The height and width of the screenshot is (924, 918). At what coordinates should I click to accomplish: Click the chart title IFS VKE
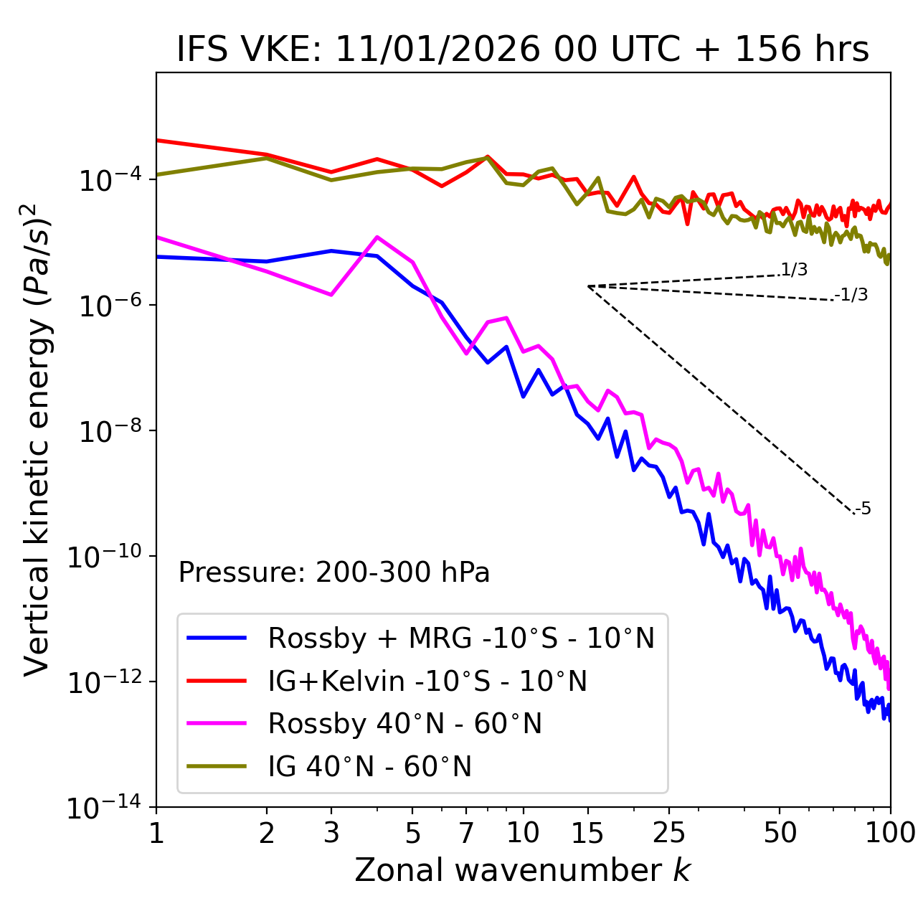point(522,49)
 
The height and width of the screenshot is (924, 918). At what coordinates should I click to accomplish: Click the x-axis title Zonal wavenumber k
point(522,869)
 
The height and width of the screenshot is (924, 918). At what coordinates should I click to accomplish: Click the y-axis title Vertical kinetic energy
point(37,439)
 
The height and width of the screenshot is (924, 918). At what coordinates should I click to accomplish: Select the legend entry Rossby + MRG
point(461,638)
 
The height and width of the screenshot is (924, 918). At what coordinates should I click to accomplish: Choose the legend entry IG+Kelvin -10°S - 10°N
point(427,681)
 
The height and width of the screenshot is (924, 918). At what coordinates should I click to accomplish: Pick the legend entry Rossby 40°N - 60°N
point(404,724)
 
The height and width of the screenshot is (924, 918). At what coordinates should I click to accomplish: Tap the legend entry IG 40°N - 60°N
point(369,767)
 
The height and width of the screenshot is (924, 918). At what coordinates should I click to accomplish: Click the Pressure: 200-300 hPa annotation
point(333,572)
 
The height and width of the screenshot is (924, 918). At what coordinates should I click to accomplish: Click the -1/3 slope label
point(851,295)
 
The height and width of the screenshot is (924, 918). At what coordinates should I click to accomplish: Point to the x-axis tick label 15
point(587,833)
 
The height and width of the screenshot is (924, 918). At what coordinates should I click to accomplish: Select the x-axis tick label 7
point(466,833)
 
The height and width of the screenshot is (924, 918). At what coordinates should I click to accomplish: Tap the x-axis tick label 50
point(780,833)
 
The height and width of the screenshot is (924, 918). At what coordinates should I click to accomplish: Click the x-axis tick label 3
point(331,833)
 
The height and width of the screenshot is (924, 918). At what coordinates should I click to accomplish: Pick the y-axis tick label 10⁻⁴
point(108,181)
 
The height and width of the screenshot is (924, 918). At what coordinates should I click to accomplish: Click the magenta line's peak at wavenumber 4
point(377,237)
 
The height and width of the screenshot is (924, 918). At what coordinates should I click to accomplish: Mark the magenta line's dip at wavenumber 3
point(331,295)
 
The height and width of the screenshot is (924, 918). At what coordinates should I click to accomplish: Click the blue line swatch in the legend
point(217,638)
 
